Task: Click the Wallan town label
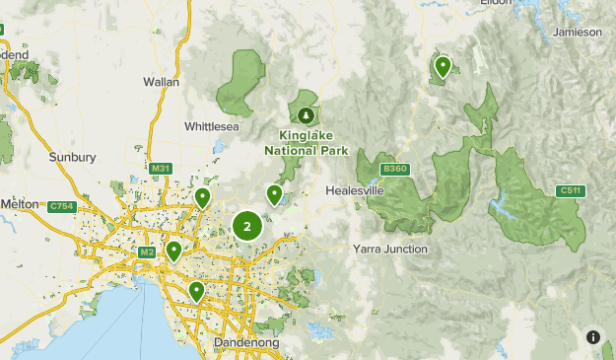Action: (161, 82)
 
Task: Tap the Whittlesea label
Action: (212, 126)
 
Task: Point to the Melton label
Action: (19, 203)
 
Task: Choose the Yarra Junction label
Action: (390, 250)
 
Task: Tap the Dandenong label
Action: (246, 342)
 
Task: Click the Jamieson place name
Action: (578, 32)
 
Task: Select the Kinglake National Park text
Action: (307, 143)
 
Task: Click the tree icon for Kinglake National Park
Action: (306, 116)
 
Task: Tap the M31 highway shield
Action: (162, 170)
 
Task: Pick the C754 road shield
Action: (61, 205)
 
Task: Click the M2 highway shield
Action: (147, 252)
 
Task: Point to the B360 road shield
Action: (395, 169)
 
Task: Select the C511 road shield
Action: (569, 190)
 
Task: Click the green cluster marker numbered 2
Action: (246, 227)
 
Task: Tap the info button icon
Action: (593, 337)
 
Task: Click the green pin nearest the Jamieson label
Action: (443, 67)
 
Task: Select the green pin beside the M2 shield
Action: (174, 251)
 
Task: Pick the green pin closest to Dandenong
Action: (197, 291)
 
